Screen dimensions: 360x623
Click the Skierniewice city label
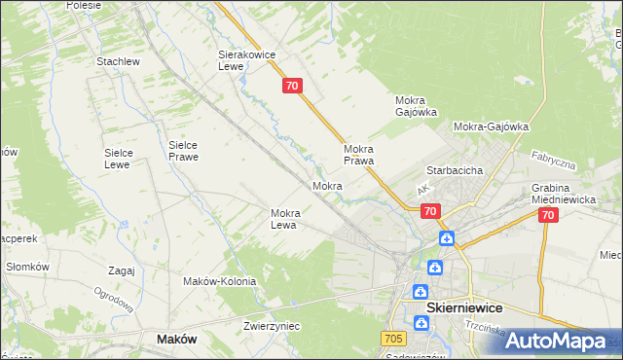tap(464, 307)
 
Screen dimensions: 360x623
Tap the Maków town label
tap(176, 339)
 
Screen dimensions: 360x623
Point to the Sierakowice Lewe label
tap(242, 61)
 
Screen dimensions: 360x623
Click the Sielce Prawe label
tap(183, 150)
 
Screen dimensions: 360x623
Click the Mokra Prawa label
tap(359, 155)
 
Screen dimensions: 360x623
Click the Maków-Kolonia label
tap(219, 281)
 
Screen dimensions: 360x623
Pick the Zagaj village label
tap(122, 271)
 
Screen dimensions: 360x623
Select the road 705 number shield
tap(393, 338)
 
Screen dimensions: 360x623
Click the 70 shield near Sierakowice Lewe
tap(293, 87)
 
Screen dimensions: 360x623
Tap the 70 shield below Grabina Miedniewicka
tap(548, 216)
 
